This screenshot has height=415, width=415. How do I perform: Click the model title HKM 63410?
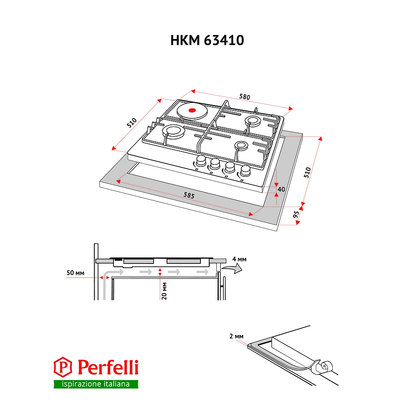tap(207, 40)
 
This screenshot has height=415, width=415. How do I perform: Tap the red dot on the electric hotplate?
tap(192, 110)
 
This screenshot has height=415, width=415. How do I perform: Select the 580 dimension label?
tap(244, 97)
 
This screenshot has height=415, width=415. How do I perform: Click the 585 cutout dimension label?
tap(189, 195)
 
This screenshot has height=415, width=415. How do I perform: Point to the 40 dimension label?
tap(281, 189)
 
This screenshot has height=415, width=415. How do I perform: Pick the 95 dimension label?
tap(296, 214)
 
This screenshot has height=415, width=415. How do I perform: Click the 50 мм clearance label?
tap(76, 273)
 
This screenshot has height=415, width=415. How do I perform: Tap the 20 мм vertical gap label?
tap(164, 291)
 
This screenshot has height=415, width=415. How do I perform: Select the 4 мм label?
tap(239, 259)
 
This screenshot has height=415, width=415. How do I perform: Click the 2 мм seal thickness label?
tap(237, 336)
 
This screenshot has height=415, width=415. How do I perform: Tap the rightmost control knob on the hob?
tap(245, 171)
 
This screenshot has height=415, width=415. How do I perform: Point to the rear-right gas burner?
tap(253, 121)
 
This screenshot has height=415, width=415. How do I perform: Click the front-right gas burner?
tap(241, 145)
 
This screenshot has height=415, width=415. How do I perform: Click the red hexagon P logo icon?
tap(63, 367)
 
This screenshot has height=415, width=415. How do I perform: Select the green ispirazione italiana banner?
tap(96, 384)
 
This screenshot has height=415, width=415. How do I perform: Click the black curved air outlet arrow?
tap(232, 269)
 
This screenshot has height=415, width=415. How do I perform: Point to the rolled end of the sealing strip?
tap(324, 367)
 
